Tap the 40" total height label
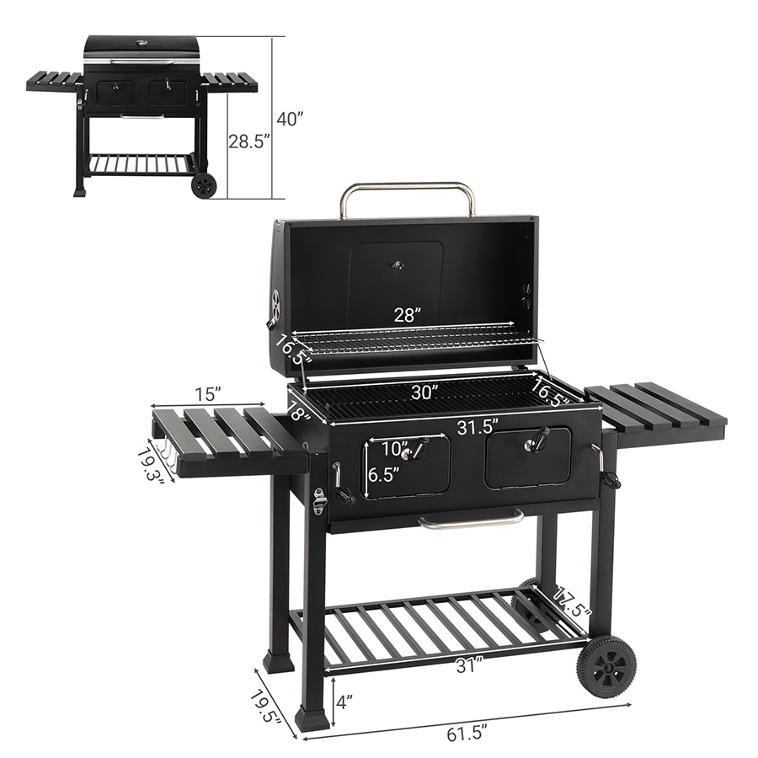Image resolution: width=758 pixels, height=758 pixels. click(289, 119)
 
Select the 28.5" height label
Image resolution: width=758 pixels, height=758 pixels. click(248, 141)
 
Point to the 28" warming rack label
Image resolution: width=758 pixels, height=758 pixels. click(408, 315)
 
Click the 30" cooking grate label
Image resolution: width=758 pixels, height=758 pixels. click(425, 392)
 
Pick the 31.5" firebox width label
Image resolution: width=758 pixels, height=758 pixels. click(478, 427)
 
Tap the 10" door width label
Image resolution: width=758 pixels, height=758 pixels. click(395, 449)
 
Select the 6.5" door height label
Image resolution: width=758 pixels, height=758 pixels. click(384, 475)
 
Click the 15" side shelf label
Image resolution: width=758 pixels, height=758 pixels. click(208, 394)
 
